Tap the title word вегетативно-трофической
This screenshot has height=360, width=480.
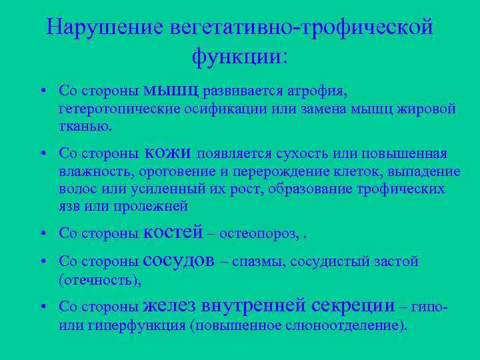click(x=302, y=27)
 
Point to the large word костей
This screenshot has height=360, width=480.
click(x=173, y=232)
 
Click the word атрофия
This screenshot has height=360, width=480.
click(x=317, y=90)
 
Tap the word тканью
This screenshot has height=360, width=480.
click(x=85, y=125)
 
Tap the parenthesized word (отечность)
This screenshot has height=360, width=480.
click(x=100, y=280)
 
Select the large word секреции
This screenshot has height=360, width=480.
click(x=353, y=305)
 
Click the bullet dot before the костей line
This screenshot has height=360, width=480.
click(x=42, y=233)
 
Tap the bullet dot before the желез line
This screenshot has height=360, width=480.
click(x=42, y=307)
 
